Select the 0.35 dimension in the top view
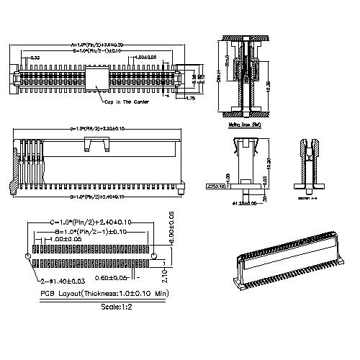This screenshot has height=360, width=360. click(x=35, y=58)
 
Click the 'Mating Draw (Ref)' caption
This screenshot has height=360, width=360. click(x=246, y=124)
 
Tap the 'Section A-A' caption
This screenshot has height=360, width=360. click(x=307, y=197)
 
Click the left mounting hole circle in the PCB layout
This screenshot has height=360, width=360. click(x=27, y=256)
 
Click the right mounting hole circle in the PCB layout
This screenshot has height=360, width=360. click(x=153, y=256)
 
